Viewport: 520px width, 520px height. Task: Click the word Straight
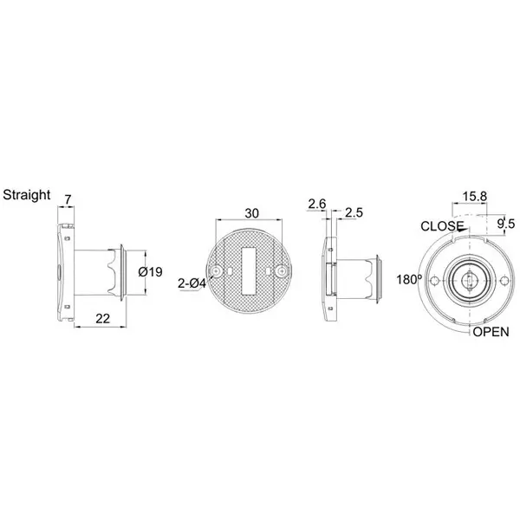click(x=28, y=194)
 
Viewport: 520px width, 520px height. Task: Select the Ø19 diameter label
click(x=152, y=271)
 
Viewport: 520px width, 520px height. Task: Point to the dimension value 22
click(x=103, y=318)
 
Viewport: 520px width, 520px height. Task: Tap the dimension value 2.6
click(x=316, y=205)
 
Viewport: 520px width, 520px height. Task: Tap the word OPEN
click(x=491, y=332)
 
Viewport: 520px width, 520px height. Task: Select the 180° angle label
click(x=408, y=280)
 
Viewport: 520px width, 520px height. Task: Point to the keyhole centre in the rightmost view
click(x=470, y=281)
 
